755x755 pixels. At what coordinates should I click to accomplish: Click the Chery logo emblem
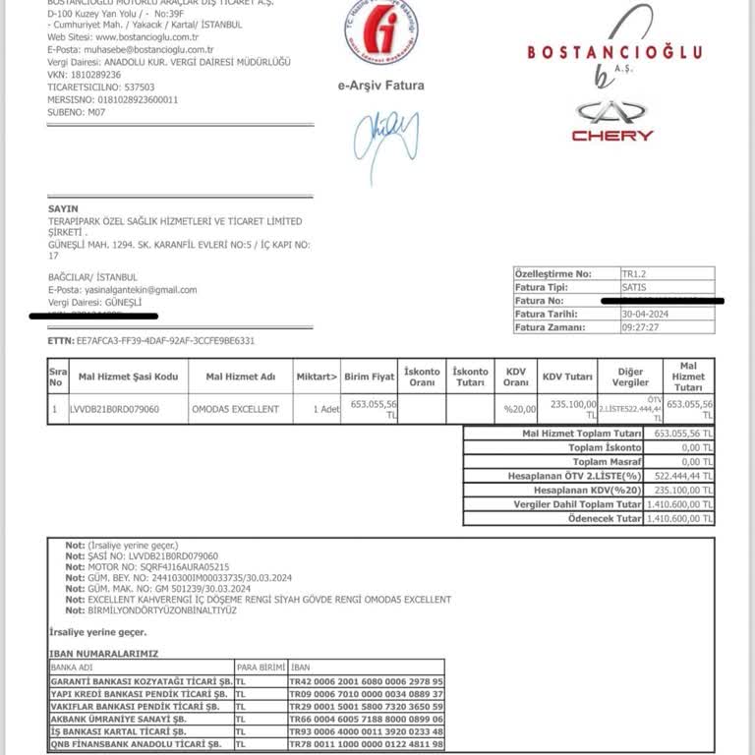point(613,111)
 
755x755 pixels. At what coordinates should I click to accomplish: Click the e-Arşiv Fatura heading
point(380,86)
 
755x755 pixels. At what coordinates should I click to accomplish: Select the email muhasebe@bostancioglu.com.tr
point(130,50)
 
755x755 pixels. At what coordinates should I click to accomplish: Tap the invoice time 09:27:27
point(640,328)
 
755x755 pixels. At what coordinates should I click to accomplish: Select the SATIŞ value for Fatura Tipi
point(634,287)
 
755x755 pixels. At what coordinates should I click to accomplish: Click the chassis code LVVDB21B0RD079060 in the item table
point(114,409)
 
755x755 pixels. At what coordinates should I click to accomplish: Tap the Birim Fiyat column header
point(370,377)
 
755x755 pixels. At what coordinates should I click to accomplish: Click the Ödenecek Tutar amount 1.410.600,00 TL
point(679,518)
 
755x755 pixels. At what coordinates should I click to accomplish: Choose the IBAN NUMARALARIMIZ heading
point(103,653)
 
